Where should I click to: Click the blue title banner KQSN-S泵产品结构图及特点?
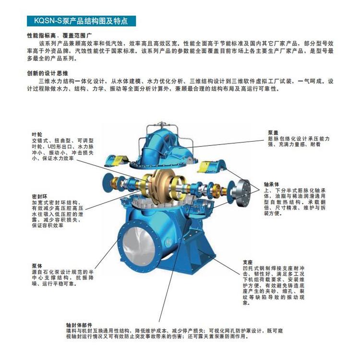coord(81,21)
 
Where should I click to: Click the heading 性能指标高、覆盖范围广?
coord(60,36)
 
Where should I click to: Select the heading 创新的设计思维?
coord(48,73)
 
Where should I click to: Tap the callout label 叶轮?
coord(37,135)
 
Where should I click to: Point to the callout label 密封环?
coord(39,197)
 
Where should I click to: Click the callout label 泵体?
coord(37,266)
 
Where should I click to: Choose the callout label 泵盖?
coord(273,132)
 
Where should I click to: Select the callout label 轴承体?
coord(272,184)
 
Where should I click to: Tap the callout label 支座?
coord(248,262)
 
